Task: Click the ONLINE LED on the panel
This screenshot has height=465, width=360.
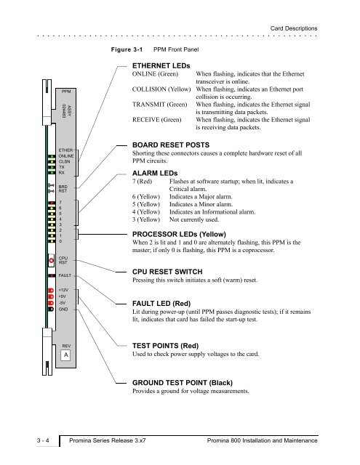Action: (52, 156)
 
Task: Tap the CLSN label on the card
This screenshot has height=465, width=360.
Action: (65, 161)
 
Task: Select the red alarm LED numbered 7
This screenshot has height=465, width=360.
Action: (52, 203)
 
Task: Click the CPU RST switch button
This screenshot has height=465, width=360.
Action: (52, 261)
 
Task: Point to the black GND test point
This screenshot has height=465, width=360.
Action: (51, 309)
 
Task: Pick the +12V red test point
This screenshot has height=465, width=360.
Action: (51, 290)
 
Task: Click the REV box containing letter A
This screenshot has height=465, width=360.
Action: (65, 355)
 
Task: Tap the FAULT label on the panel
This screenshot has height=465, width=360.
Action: (65, 275)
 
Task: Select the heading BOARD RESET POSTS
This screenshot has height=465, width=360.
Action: (171, 145)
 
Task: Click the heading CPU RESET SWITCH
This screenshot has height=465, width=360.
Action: (167, 272)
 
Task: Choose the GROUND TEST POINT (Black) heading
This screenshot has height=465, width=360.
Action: (183, 383)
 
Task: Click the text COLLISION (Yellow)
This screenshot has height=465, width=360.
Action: (161, 89)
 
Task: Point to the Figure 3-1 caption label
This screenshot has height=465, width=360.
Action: (127, 49)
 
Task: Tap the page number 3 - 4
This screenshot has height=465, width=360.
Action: (44, 440)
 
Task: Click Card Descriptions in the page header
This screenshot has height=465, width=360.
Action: (294, 28)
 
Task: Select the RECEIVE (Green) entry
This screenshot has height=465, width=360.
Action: (156, 120)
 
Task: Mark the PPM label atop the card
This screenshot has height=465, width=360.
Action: (66, 92)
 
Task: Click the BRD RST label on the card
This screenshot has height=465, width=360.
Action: (63, 189)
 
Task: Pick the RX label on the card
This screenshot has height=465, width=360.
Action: (61, 173)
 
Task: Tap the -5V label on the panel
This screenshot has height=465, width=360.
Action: (62, 303)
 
